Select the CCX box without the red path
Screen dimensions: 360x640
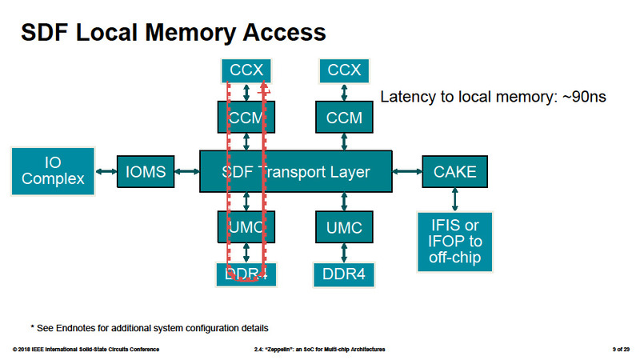[345, 70]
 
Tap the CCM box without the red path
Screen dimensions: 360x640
[345, 118]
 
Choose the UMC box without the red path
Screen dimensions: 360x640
[345, 228]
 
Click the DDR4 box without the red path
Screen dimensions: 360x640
[345, 274]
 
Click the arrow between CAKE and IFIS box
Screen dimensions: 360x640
[454, 198]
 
